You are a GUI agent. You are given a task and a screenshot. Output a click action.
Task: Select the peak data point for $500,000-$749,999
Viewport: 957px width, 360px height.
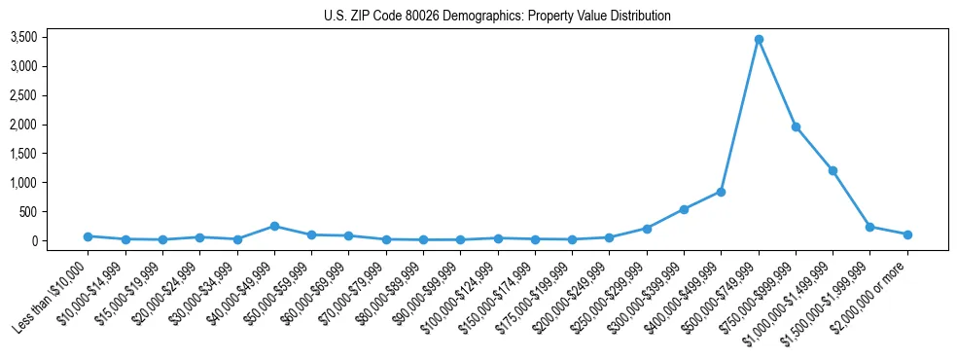(759, 39)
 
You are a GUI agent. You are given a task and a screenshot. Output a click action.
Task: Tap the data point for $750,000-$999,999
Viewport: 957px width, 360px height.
(796, 126)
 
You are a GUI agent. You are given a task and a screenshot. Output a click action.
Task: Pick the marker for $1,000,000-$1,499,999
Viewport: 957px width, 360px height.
(833, 170)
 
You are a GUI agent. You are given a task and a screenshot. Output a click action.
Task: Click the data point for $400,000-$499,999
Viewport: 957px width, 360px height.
(721, 192)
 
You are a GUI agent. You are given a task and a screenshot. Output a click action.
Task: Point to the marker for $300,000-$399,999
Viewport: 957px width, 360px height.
(684, 209)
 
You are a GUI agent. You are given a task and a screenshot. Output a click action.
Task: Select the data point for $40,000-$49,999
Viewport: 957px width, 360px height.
(274, 226)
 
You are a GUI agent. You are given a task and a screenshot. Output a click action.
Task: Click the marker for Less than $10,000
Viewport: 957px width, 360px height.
(88, 236)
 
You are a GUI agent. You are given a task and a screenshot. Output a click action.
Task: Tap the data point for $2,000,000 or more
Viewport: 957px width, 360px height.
(907, 234)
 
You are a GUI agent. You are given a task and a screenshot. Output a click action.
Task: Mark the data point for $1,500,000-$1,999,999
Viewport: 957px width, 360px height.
(869, 227)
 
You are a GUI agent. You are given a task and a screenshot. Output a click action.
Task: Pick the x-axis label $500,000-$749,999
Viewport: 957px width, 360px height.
(720, 290)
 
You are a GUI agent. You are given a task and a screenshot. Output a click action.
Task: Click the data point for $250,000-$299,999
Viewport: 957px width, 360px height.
(647, 229)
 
